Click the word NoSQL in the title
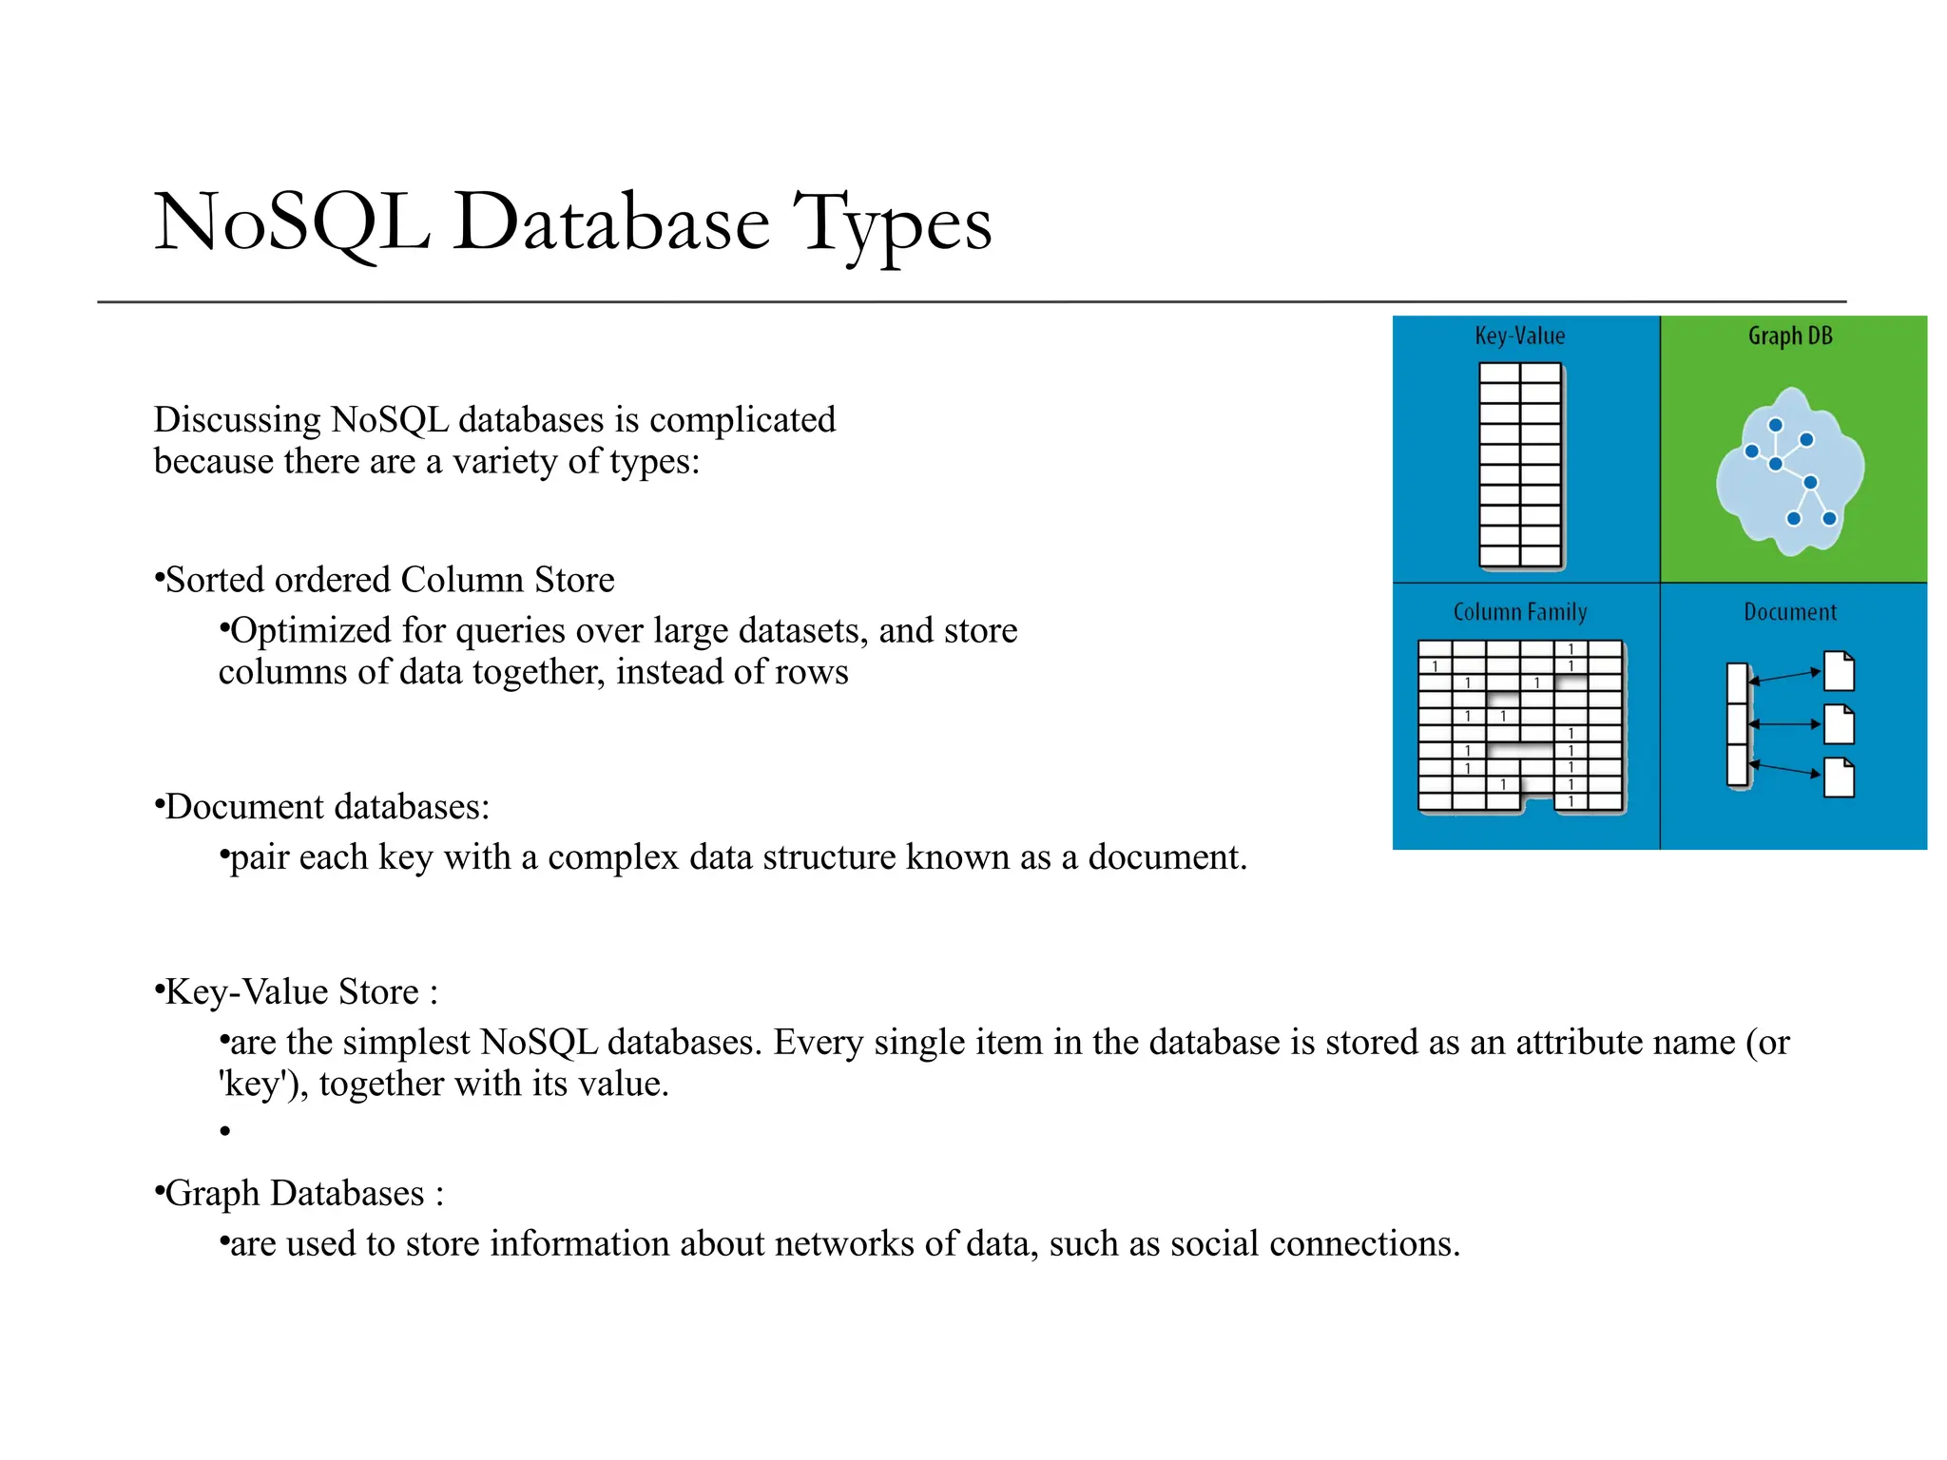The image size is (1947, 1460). (x=292, y=222)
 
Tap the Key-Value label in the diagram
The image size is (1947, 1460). (x=1519, y=336)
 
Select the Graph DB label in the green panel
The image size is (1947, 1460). (x=1790, y=336)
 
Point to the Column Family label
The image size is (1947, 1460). (x=1519, y=612)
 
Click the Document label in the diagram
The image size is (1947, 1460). (x=1789, y=612)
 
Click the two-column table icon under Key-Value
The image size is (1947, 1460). (x=1520, y=466)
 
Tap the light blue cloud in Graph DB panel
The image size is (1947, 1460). (x=1789, y=471)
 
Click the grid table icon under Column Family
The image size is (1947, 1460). (x=1520, y=726)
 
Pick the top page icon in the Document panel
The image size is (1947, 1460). (x=1840, y=671)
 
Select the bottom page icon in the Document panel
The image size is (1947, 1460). (x=1840, y=778)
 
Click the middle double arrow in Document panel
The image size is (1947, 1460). (x=1783, y=724)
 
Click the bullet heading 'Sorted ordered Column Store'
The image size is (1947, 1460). (x=389, y=580)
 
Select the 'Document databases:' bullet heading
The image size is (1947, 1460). (x=327, y=807)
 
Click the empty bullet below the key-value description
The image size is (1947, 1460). (x=225, y=1131)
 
